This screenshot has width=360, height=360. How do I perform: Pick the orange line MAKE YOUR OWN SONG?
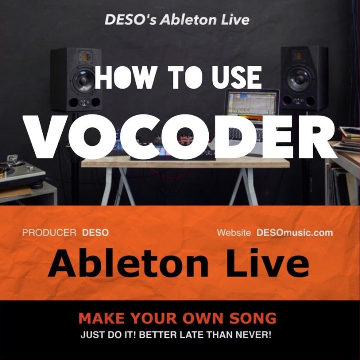pos(177,319)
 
